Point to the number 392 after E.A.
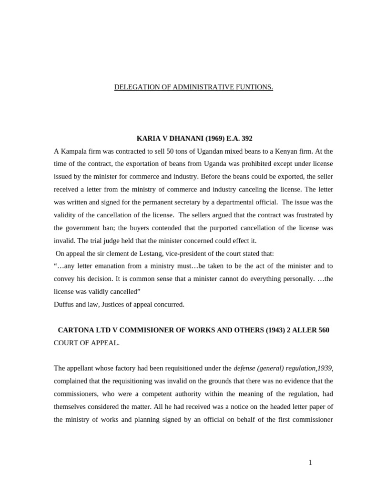tap(246, 138)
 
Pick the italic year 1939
tap(324, 368)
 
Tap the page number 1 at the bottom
tap(310, 462)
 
